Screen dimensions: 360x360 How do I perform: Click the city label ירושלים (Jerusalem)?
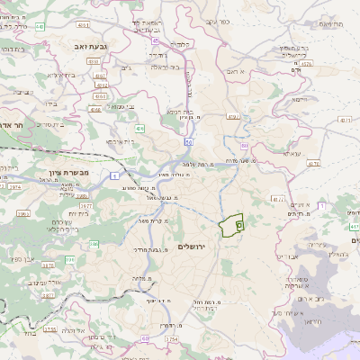(x=192, y=246)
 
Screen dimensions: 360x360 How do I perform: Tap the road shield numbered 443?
(x=39, y=27)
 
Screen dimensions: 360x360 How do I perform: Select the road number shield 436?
(x=139, y=129)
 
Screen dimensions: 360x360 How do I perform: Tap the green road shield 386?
(x=70, y=259)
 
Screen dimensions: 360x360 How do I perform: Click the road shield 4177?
(x=278, y=198)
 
